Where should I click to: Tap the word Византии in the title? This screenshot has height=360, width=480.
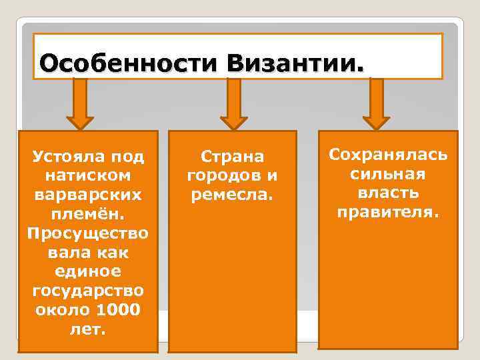coord(295,65)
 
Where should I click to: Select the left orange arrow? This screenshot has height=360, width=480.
coord(80,103)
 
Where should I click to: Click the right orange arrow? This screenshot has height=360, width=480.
coord(377,103)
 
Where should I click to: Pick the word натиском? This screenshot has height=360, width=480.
coord(87,177)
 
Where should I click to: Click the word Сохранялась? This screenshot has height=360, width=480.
coord(389,155)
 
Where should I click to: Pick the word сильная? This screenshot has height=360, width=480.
coord(389,175)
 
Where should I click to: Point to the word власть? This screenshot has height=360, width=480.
coord(389,193)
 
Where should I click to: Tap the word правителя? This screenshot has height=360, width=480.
coord(389,213)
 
